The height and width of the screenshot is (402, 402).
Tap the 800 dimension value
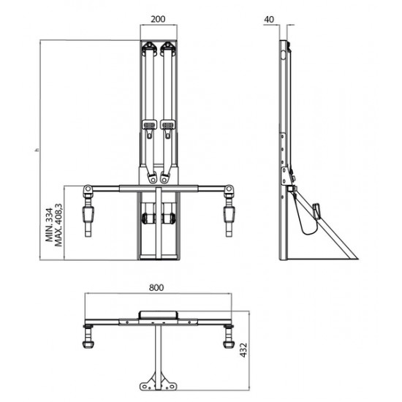(156, 288)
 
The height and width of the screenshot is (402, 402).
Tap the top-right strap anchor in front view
(169, 49)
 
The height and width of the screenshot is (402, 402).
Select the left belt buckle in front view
(150, 128)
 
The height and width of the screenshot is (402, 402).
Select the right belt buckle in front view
(169, 128)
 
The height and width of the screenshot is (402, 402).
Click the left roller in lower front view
(149, 219)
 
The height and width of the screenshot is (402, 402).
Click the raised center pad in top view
(159, 313)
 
